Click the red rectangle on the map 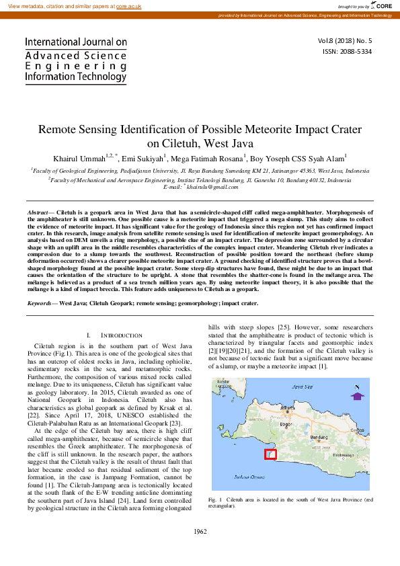point(270,454)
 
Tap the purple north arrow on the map point(358,396)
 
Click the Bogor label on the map point(286,425)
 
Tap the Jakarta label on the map point(288,407)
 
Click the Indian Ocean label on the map point(243,476)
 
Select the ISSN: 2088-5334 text point(347,50)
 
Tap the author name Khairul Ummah point(77,159)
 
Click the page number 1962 point(200,531)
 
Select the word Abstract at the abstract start point(37,212)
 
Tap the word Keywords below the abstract point(39,303)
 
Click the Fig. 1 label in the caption point(215,499)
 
